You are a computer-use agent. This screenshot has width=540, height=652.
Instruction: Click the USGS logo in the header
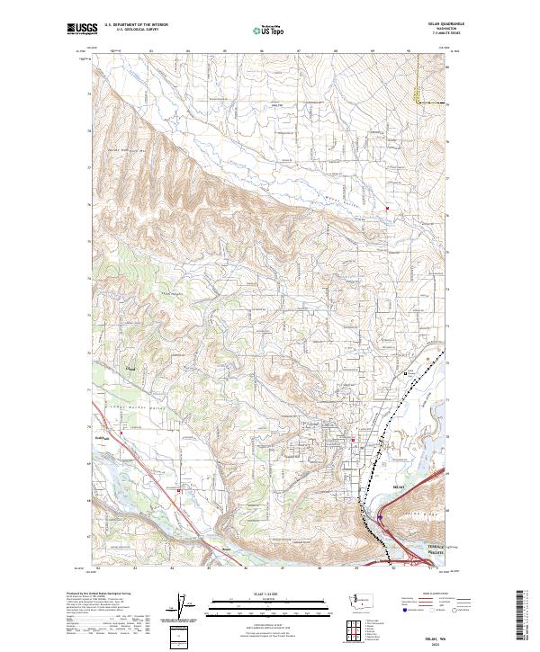(x=82, y=30)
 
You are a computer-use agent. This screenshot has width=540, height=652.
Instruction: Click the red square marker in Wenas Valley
(x=388, y=210)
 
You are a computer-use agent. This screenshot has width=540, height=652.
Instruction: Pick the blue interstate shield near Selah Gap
(x=381, y=517)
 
